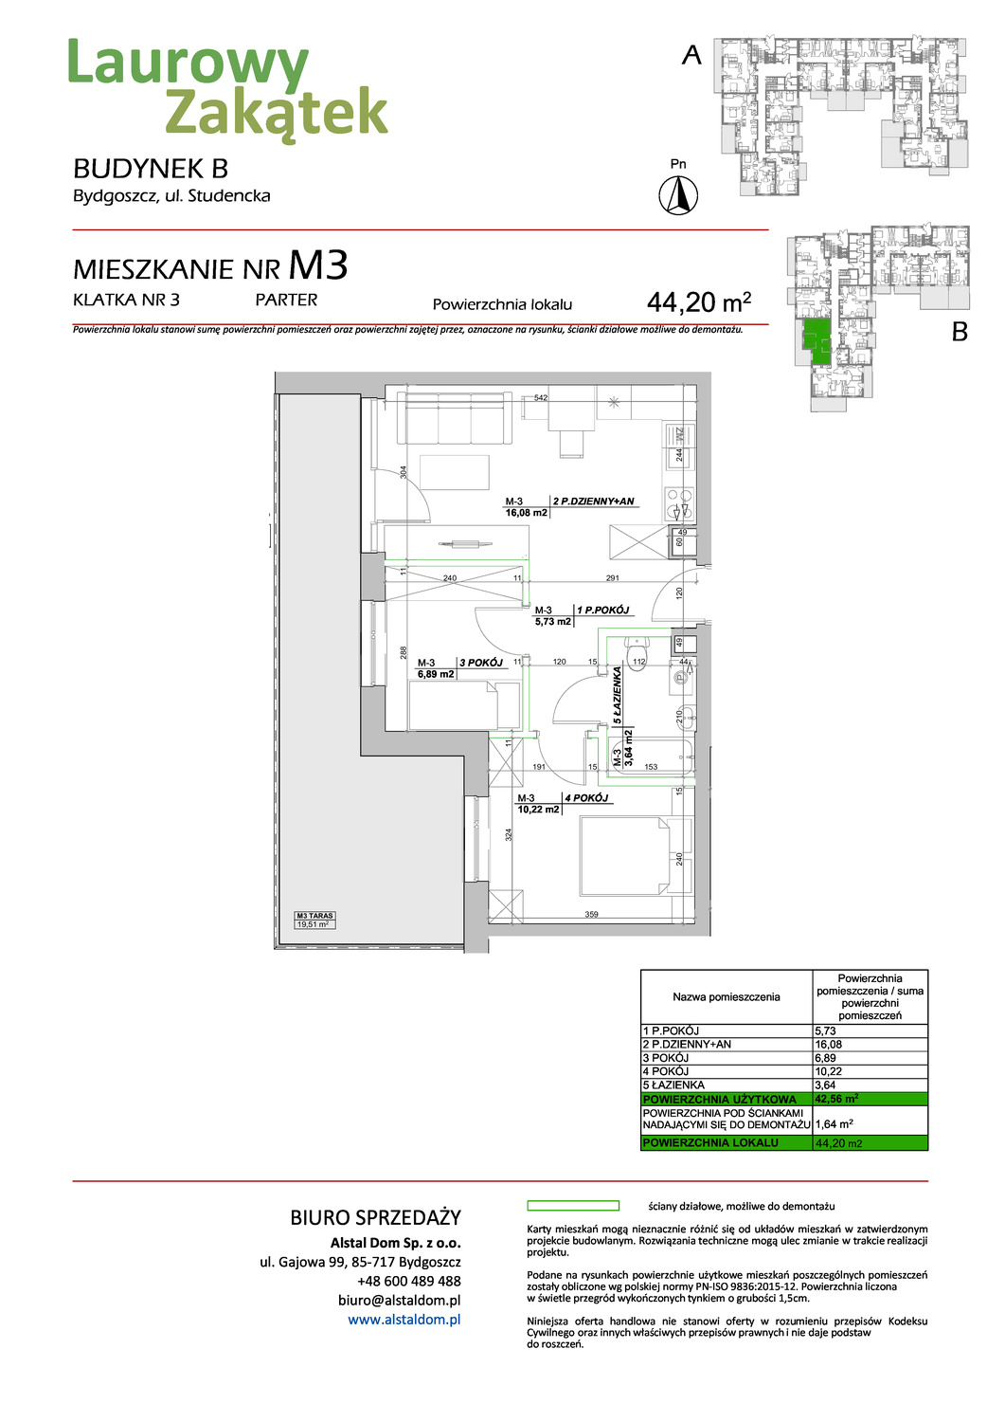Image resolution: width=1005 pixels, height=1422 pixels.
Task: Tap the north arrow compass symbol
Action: (678, 196)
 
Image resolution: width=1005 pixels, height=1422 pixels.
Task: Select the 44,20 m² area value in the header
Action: (699, 302)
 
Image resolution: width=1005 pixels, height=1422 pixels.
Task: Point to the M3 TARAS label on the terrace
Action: (314, 916)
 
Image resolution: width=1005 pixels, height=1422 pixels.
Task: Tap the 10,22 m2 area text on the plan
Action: (538, 810)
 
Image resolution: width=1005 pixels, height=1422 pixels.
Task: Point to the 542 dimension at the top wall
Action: (541, 398)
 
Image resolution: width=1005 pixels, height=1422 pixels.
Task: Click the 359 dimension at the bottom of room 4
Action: (591, 915)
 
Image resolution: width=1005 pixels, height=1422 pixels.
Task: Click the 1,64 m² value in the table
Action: (834, 1123)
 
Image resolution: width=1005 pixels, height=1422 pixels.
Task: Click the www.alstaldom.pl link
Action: (404, 1320)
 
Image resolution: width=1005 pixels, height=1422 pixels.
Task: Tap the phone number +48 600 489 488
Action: (408, 1281)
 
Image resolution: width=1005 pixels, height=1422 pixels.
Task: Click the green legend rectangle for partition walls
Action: (572, 1206)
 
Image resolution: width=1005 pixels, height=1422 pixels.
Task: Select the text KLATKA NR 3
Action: (126, 300)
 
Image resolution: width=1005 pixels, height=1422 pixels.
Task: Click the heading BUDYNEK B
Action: (151, 169)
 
